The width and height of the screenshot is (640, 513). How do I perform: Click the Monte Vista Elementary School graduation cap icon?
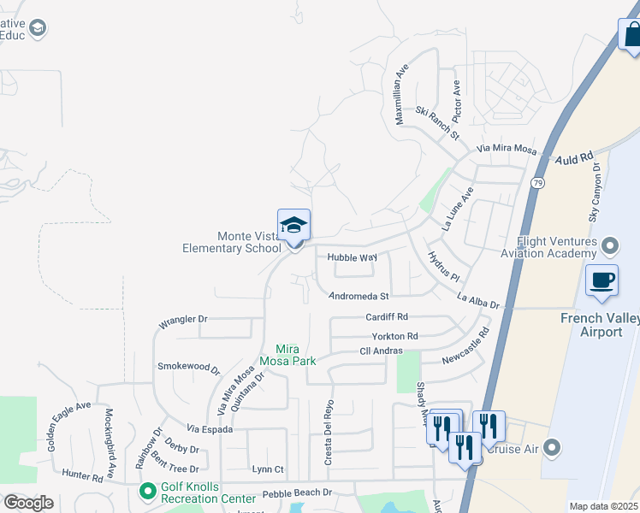point(293,226)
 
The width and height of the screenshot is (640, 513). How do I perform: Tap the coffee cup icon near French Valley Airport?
point(601,280)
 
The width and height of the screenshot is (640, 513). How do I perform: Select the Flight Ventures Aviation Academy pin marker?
point(609,248)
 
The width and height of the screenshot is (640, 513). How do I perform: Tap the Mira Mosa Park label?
point(295,355)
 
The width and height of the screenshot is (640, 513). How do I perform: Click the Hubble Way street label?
point(352,257)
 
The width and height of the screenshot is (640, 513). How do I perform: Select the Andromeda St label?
point(359,297)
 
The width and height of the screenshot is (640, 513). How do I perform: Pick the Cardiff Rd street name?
point(387,316)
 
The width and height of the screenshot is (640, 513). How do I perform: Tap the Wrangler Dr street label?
point(183,321)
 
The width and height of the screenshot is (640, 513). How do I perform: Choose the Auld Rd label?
point(573,158)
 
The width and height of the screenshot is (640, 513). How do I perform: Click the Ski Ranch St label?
point(437,124)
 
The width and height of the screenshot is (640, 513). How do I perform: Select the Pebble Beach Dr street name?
point(297,492)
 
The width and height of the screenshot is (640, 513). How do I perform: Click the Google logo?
point(28,503)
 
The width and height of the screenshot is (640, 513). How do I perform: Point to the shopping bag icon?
point(630,35)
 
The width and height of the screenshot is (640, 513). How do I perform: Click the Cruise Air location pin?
point(553,447)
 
